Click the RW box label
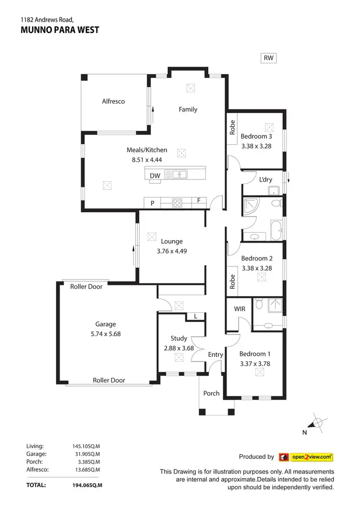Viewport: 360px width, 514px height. coord(268,58)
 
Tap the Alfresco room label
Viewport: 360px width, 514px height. coord(113,101)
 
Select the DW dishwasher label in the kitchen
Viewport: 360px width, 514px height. coord(155,176)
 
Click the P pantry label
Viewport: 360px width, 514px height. coord(152,203)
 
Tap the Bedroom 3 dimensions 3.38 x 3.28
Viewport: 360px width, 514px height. coord(256,146)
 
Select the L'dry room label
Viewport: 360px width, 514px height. coord(265,180)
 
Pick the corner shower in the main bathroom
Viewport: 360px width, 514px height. coord(251,207)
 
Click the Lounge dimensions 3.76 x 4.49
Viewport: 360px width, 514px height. coord(171,250)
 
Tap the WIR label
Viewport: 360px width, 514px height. coord(240,309)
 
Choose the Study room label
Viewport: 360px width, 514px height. coord(179,338)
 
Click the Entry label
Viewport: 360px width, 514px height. coord(216,355)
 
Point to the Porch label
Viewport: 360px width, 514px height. coord(211,393)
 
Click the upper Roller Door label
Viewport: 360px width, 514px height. coord(86,286)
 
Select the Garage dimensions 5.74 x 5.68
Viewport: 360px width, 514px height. coord(105,334)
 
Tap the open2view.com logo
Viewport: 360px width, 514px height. coord(306,457)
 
